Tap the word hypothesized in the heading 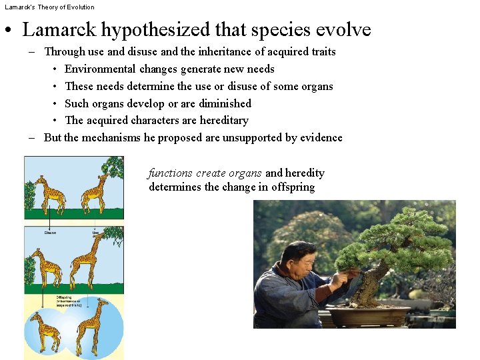(149, 31)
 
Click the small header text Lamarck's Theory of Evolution (49, 7)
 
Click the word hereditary (223, 120)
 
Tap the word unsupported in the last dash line (245, 137)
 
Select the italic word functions (170, 173)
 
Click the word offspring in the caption (293, 187)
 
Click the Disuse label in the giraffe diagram (50, 233)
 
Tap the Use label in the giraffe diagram (97, 233)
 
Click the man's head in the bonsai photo (297, 257)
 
